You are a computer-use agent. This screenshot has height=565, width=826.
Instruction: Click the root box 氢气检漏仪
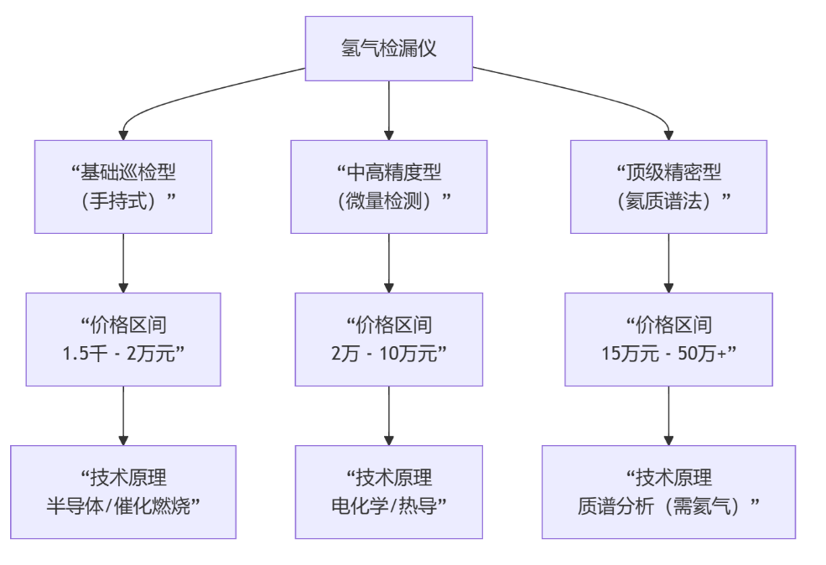[x=388, y=48]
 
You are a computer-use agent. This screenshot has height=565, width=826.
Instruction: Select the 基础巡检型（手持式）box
[x=123, y=186]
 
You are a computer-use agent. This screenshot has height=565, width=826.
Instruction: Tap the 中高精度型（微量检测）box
[x=388, y=186]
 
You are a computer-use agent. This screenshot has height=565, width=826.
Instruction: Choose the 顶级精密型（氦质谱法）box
[x=668, y=186]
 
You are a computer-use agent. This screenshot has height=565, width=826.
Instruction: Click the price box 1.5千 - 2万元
[x=123, y=339]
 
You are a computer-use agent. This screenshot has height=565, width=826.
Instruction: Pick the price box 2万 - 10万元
[x=388, y=339]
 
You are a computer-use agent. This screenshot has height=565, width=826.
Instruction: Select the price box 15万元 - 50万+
[x=668, y=339]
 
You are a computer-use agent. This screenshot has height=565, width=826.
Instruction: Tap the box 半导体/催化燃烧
[x=123, y=491]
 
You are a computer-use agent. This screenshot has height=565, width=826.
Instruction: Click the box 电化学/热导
[x=388, y=491]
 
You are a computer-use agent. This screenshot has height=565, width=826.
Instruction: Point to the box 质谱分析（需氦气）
[x=668, y=491]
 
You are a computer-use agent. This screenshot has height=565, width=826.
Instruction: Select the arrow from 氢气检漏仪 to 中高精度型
[x=388, y=110]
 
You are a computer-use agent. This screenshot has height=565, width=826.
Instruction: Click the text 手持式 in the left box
[x=123, y=201]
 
